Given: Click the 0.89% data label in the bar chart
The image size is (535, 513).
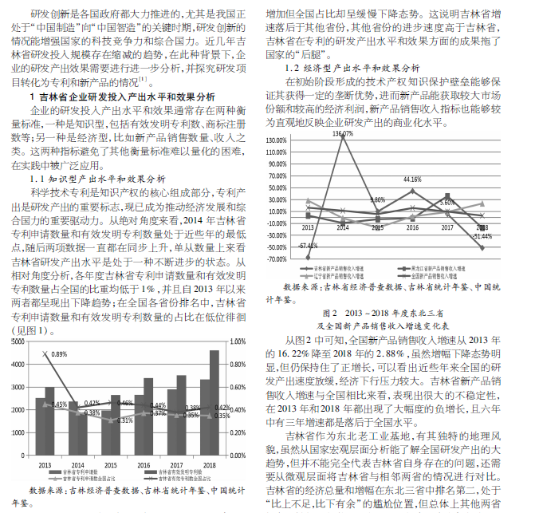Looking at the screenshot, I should click(x=59, y=353).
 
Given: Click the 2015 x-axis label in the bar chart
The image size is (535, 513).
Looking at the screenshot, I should click(x=112, y=465).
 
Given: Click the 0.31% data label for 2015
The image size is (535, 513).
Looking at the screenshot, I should click(x=114, y=420).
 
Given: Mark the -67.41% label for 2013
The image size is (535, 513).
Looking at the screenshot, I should click(x=308, y=245).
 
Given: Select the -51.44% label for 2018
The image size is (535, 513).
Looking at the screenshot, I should click(x=482, y=237).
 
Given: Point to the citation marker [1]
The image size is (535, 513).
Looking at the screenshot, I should click(x=142, y=80).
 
